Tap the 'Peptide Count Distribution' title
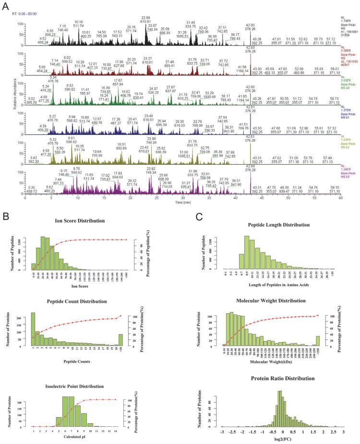click(x=80, y=301)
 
